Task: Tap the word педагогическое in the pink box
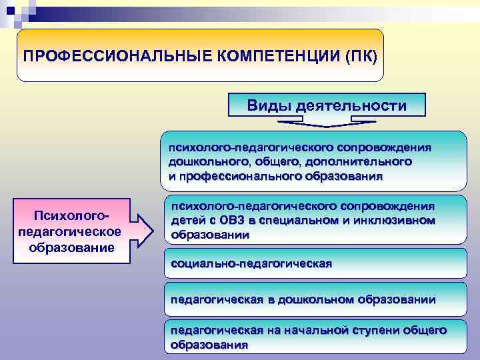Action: (71, 231)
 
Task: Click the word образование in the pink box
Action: (71, 247)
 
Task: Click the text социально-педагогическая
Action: (251, 264)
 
